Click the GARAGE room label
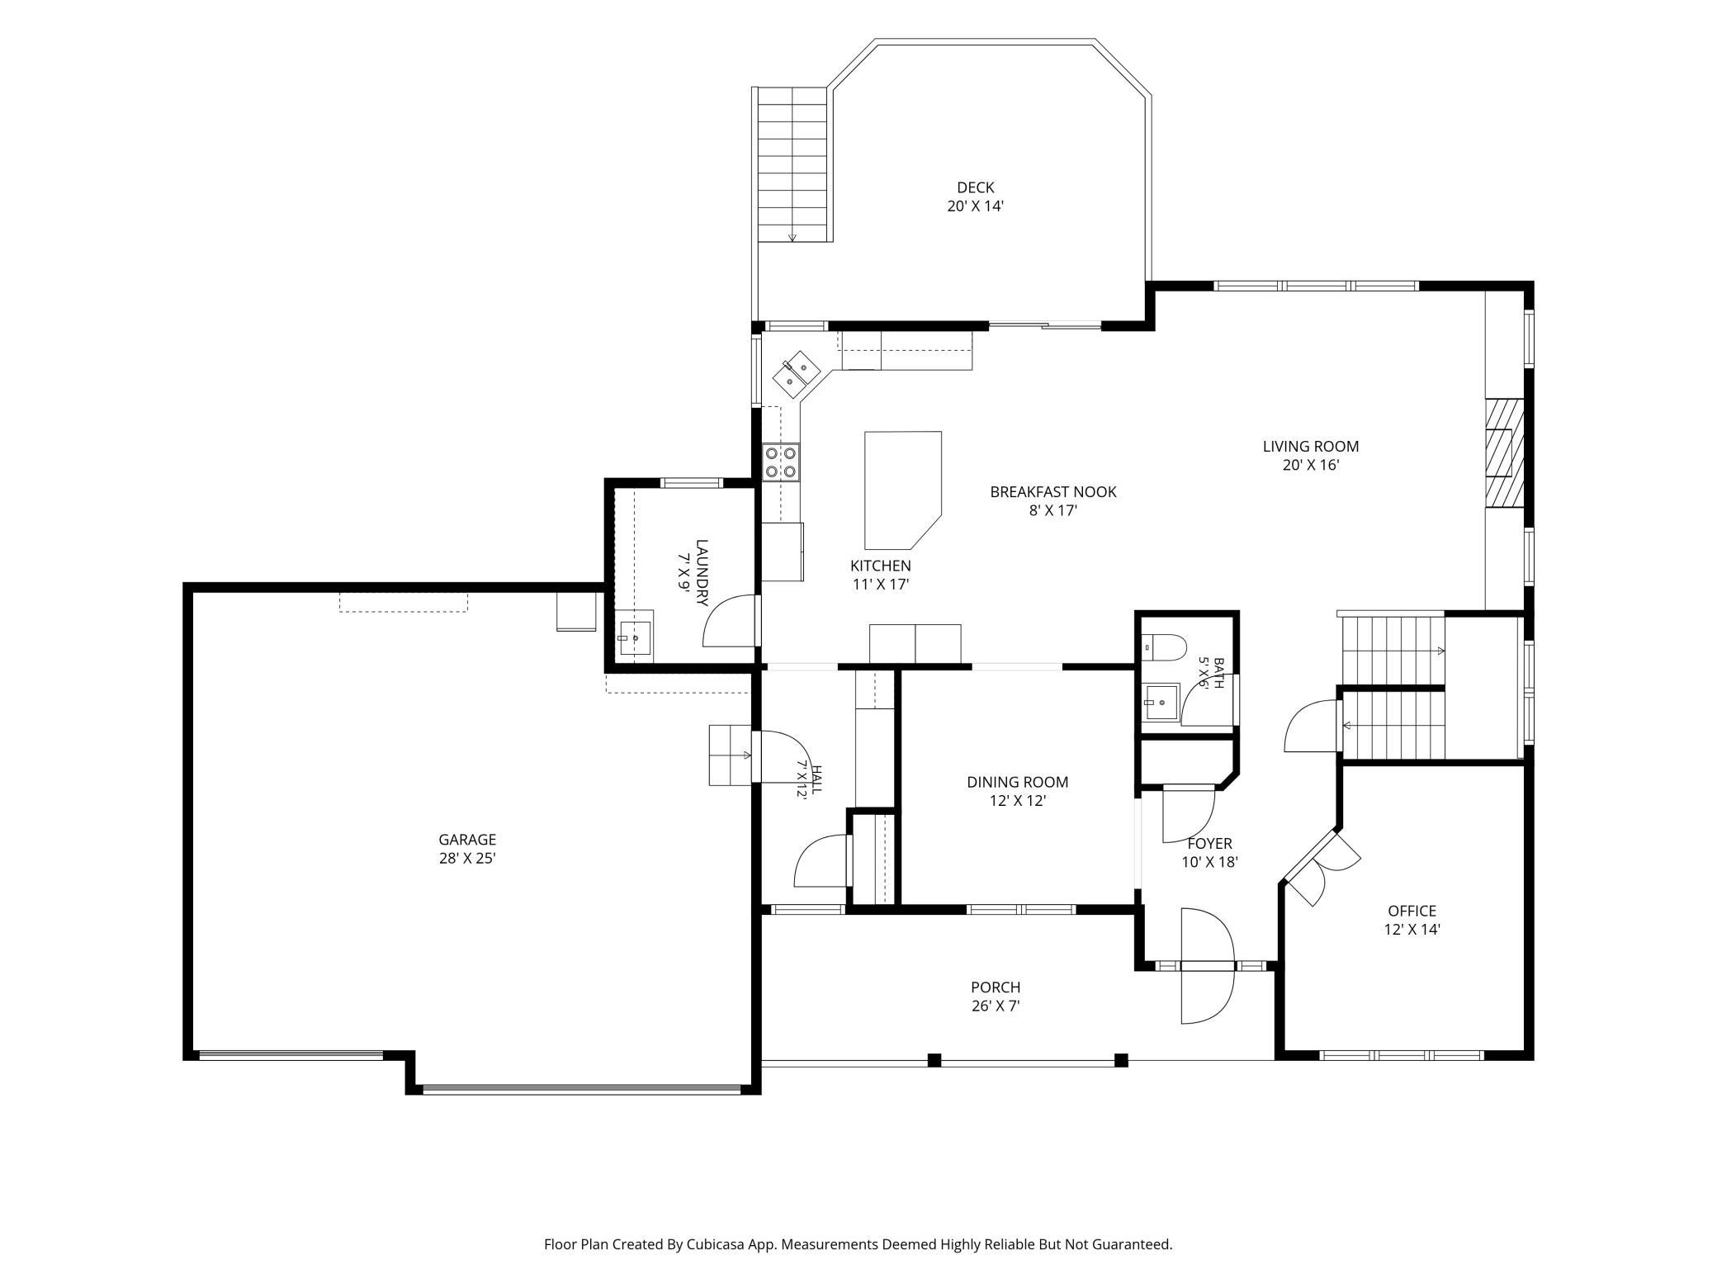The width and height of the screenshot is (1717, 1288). click(467, 840)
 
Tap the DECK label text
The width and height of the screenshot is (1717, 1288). click(976, 187)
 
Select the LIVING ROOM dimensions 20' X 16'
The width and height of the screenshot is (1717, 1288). click(1311, 465)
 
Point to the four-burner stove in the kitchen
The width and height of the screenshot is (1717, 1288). click(781, 462)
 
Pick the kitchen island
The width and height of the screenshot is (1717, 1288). click(902, 490)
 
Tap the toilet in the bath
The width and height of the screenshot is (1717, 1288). click(1164, 644)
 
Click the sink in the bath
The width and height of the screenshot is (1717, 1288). click(1161, 702)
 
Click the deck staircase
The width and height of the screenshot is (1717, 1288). click(792, 164)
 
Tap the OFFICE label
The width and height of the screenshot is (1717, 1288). click(1412, 911)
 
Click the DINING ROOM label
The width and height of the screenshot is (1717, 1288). click(1018, 782)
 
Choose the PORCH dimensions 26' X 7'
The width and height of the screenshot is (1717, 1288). click(996, 1006)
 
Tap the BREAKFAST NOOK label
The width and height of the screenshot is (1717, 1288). click(1053, 491)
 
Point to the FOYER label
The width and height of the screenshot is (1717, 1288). click(1209, 843)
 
